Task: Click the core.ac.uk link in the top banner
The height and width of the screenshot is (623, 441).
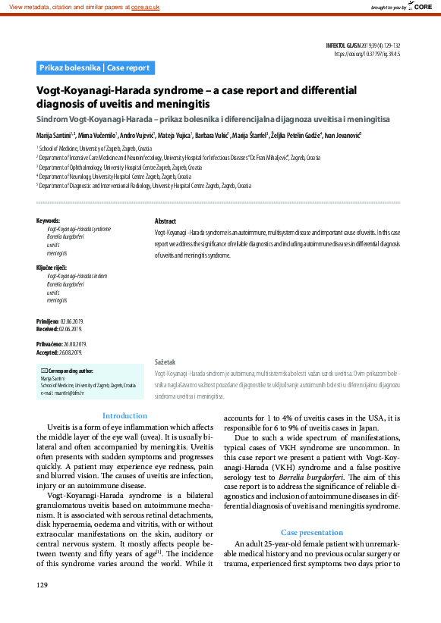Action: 145,7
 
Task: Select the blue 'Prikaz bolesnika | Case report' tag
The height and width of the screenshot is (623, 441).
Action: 95,68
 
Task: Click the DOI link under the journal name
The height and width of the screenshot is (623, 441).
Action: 367,55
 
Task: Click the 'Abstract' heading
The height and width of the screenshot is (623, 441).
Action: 165,221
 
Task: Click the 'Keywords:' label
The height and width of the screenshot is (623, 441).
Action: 48,221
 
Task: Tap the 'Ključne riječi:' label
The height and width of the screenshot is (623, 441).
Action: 52,268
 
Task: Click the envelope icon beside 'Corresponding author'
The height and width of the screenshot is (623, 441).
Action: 43,371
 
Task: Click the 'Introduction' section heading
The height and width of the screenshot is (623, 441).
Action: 124,415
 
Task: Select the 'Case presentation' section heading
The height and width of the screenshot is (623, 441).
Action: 311,532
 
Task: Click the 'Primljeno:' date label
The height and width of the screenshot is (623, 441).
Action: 48,322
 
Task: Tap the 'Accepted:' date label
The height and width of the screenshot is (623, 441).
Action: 47,352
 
